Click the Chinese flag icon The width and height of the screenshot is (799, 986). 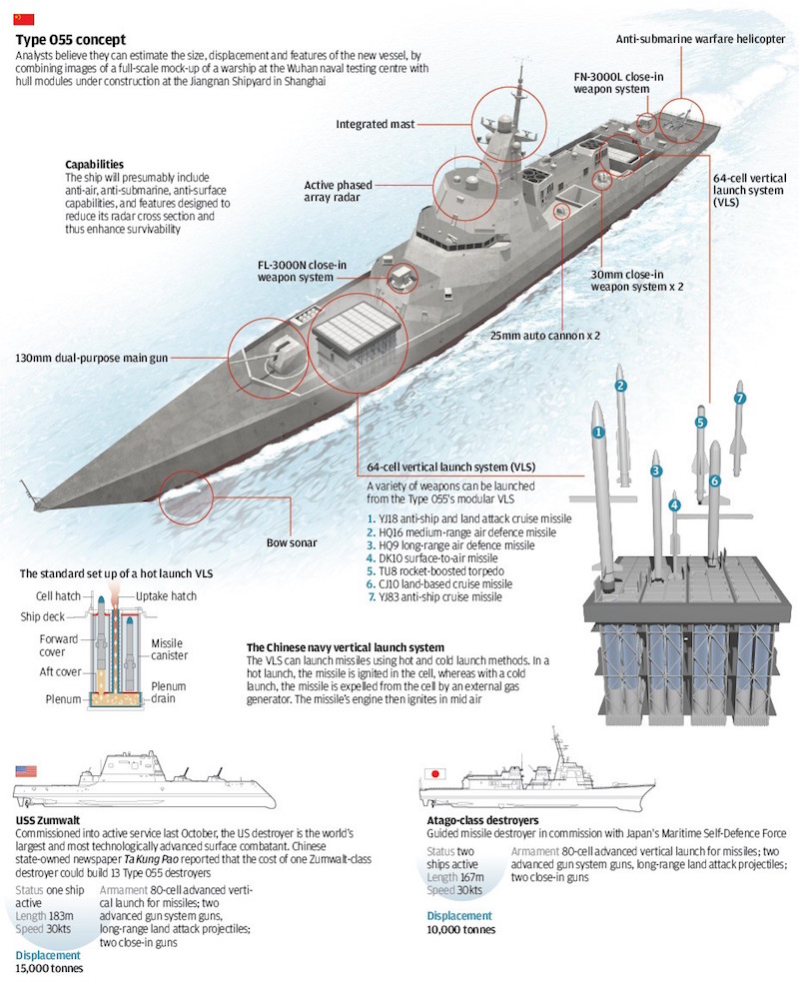coord(24,19)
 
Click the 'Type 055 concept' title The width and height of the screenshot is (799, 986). coord(70,39)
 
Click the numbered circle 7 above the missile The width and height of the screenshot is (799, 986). coord(740,399)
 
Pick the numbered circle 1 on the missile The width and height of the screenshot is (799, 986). coord(598,433)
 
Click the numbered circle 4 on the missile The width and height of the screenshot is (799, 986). coord(675,505)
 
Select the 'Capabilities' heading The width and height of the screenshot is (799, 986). coord(95,164)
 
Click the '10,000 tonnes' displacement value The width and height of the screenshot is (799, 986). coord(461,929)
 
